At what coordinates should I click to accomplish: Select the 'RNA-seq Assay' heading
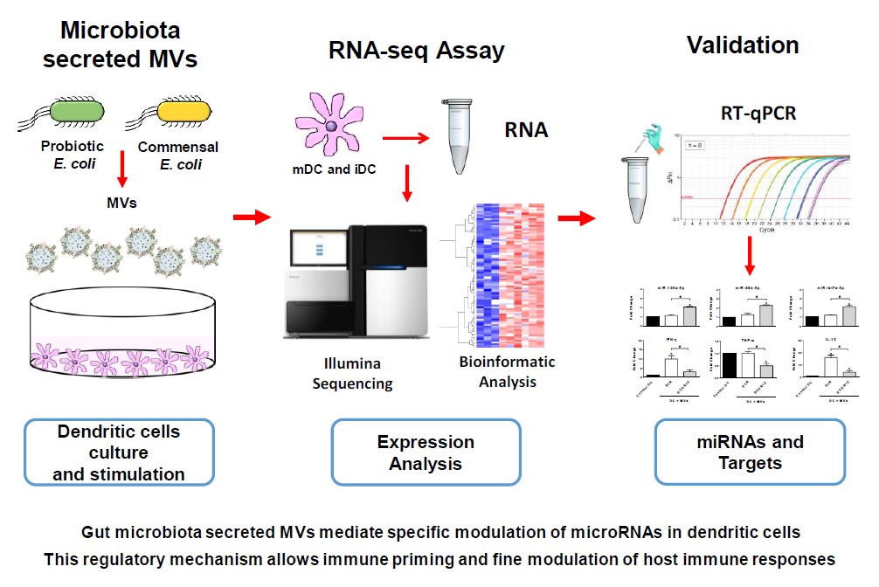click(x=415, y=51)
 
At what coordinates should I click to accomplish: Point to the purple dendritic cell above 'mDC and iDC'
click(x=330, y=128)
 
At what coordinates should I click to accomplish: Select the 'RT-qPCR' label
click(x=745, y=112)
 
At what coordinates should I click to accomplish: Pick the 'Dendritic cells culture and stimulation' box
click(x=120, y=453)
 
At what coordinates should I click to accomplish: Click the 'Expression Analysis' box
click(x=426, y=453)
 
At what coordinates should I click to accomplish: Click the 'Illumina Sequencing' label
click(x=353, y=373)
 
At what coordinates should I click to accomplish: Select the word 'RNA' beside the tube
click(x=526, y=131)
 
